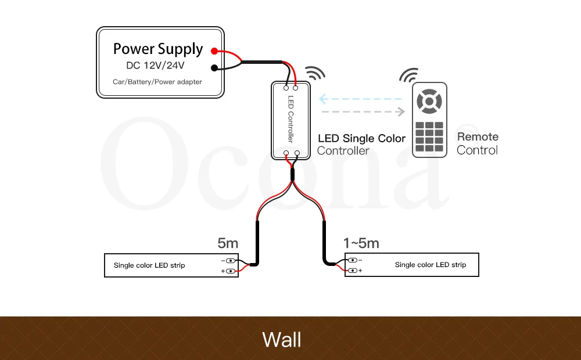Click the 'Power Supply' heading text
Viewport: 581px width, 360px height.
coord(158,49)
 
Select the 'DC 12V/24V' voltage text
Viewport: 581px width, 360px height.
coord(156,65)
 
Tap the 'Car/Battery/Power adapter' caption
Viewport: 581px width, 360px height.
coord(157,82)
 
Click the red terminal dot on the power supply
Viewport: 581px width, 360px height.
coord(214,51)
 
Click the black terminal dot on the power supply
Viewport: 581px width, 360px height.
coord(214,68)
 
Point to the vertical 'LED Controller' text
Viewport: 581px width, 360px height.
coord(292,120)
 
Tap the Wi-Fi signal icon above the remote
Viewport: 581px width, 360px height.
coord(408,76)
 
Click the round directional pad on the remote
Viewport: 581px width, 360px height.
coord(429,102)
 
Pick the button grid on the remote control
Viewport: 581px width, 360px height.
coord(429,136)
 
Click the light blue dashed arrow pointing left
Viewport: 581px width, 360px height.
coord(360,99)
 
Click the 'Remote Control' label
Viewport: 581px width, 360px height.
coord(478,143)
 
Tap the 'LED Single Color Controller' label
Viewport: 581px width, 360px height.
coord(361,145)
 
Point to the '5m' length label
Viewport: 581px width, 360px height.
coord(228,243)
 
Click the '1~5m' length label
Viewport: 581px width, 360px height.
coord(361,243)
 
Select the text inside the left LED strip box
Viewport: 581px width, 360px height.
coord(149,265)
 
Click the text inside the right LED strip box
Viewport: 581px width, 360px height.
coord(431,265)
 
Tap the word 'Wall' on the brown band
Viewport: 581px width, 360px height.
coord(282,339)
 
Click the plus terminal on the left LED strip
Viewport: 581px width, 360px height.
coord(231,271)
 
